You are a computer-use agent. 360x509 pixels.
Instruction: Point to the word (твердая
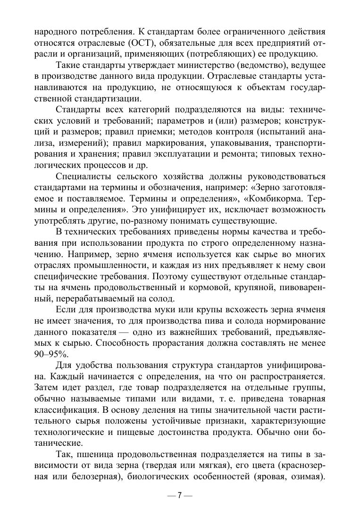pos(188,466)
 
